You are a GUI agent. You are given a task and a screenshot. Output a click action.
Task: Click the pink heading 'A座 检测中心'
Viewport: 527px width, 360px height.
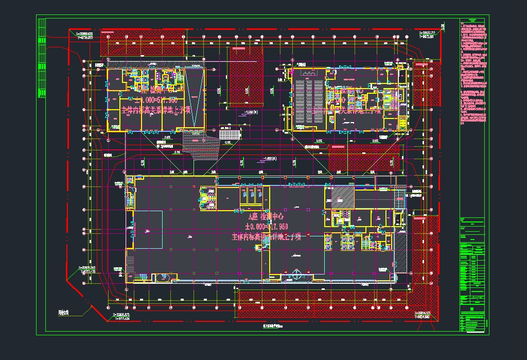[266, 216]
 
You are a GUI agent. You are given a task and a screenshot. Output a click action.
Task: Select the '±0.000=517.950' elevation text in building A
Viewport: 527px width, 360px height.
[266, 227]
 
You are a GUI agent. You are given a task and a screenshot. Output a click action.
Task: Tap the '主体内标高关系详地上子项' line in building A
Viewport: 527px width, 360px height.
[266, 237]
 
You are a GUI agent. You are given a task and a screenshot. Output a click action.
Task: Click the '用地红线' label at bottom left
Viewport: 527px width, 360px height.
[63, 312]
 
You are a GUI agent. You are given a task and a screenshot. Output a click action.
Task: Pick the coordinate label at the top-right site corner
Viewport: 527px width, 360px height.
[428, 35]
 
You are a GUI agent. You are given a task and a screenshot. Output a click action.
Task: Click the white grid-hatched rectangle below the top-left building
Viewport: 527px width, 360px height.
[229, 134]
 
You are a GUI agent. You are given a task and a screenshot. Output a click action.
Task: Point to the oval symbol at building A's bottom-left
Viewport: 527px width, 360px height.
[164, 278]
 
